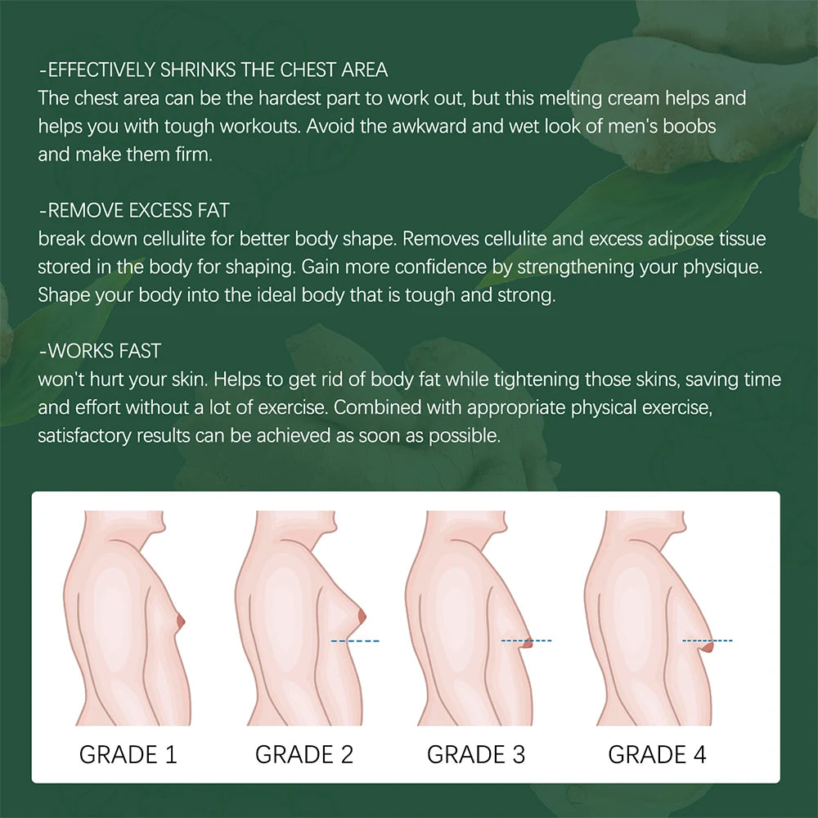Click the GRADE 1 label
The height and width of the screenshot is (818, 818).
128,753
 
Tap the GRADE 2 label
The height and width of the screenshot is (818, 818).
304,753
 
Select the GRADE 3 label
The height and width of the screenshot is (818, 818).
476,753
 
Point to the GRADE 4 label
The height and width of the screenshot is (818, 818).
657,753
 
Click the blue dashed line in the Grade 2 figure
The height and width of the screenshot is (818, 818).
354,640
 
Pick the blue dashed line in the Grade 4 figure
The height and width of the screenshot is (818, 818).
708,640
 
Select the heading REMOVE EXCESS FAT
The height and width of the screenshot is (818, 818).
134,211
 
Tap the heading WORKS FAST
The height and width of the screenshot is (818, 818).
100,352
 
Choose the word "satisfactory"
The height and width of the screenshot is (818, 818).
86,436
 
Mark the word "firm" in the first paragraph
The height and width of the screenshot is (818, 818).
192,155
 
